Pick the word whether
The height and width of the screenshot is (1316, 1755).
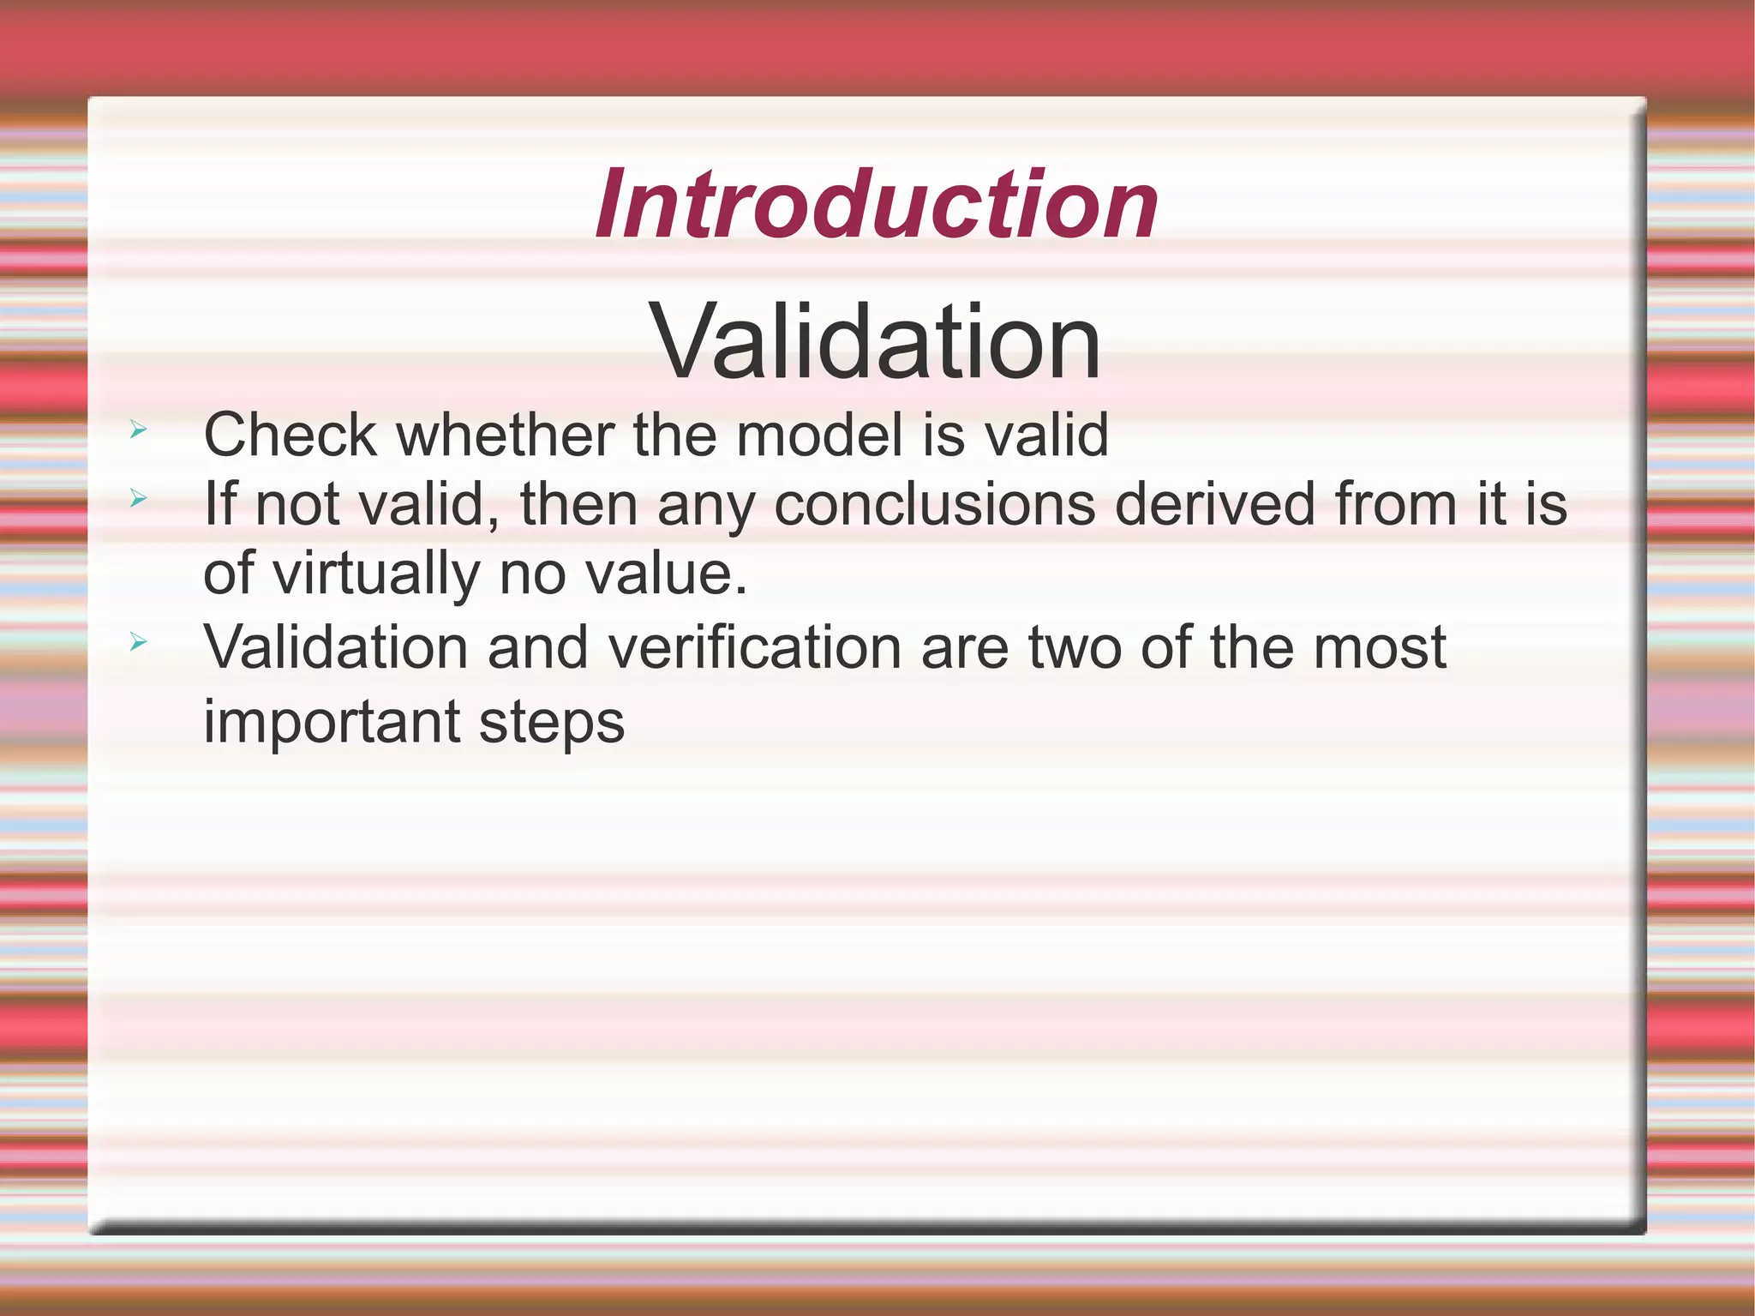point(505,435)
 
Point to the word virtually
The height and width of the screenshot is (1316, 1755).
point(376,574)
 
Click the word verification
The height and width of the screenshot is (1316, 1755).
point(754,647)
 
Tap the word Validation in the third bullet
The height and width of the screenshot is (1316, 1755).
point(335,647)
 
